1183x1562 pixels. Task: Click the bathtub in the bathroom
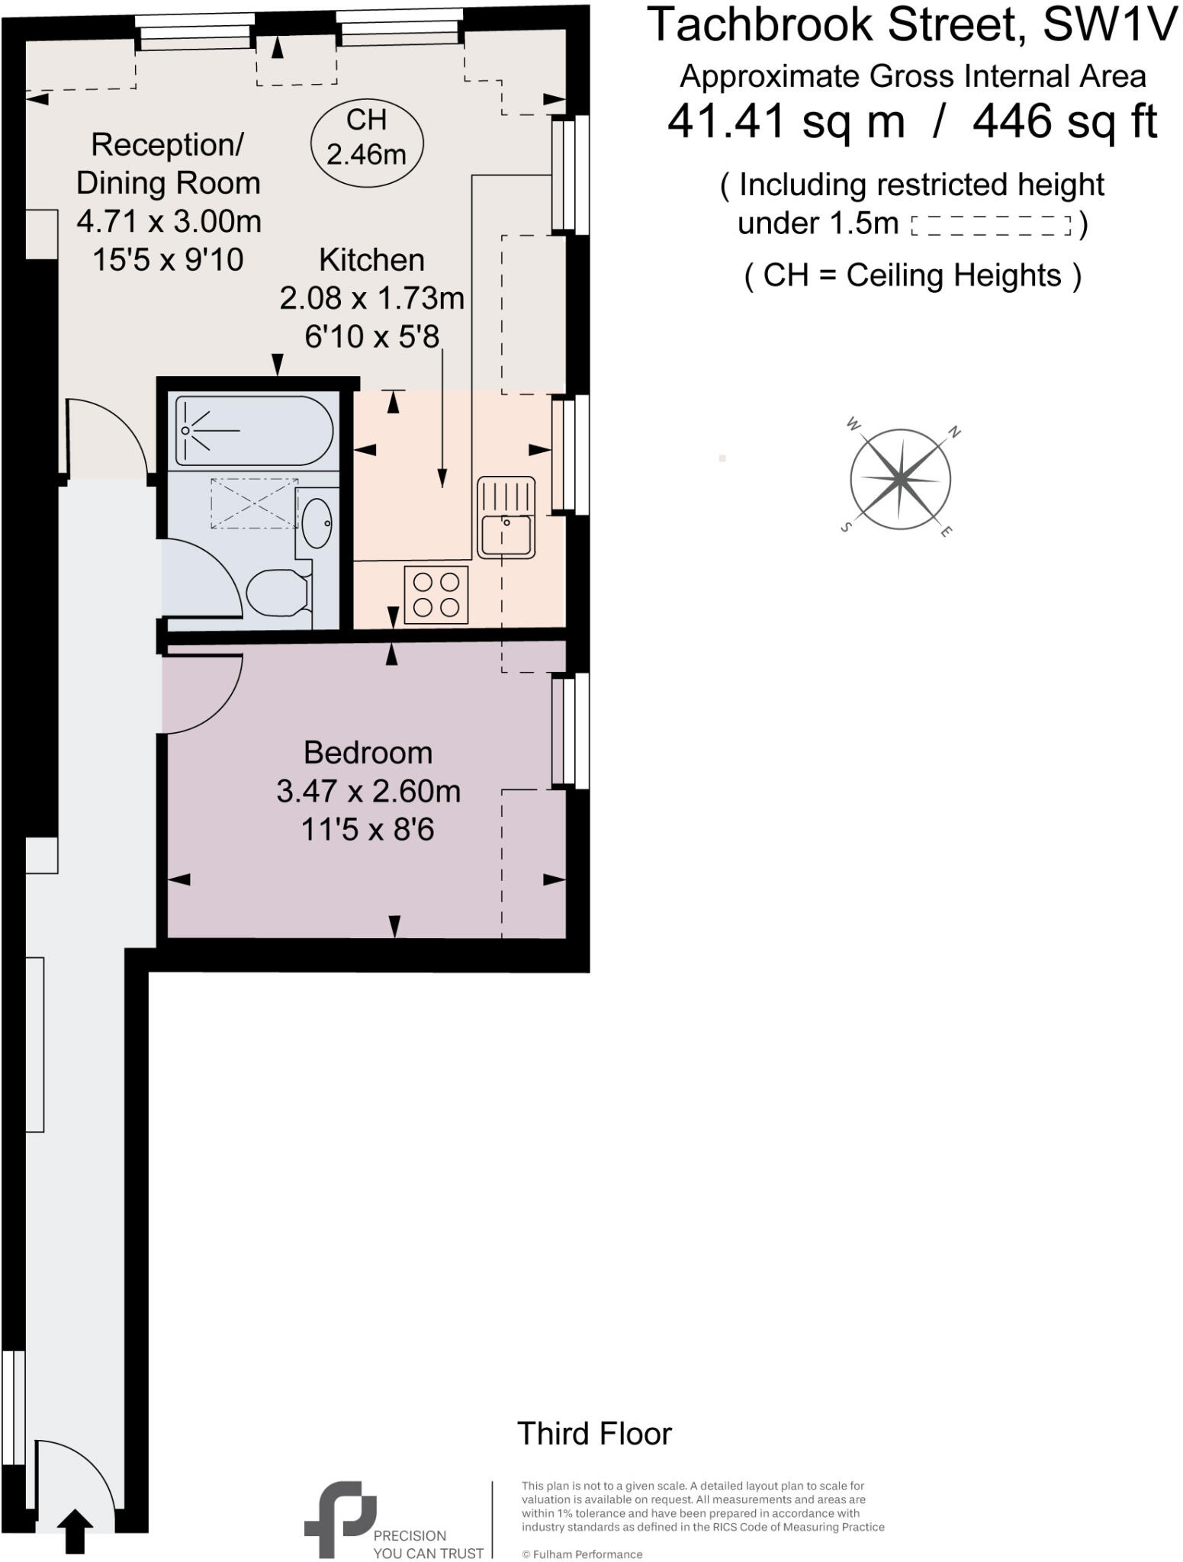(254, 431)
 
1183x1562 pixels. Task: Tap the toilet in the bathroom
(277, 593)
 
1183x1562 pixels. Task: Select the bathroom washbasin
(317, 522)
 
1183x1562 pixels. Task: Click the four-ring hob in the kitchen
(436, 595)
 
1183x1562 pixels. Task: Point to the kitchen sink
(506, 517)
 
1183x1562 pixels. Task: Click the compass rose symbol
(900, 479)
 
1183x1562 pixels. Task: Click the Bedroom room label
(368, 753)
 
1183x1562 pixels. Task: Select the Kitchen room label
(371, 260)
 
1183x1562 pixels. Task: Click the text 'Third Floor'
(594, 1434)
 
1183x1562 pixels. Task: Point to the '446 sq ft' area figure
(1065, 121)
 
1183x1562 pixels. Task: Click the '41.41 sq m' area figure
(786, 121)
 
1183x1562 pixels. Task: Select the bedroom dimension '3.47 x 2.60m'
(368, 791)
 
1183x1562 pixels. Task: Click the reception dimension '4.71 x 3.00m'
(169, 221)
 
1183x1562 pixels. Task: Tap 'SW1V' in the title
(1110, 25)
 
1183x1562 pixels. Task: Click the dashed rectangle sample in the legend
(991, 226)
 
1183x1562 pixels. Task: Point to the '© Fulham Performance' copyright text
(582, 1554)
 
